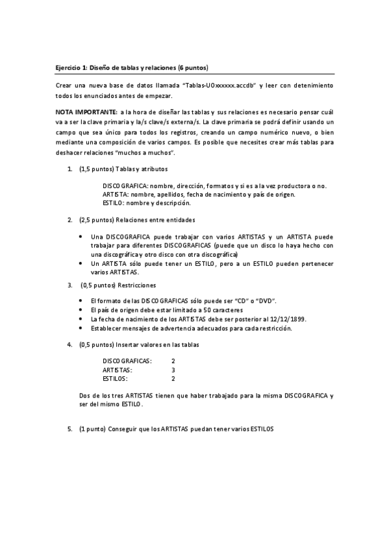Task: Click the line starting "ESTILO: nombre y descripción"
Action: [x=146, y=202]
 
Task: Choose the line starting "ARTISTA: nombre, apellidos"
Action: [x=199, y=194]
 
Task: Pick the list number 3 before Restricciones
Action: [x=70, y=285]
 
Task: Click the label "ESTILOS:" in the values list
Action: [x=116, y=378]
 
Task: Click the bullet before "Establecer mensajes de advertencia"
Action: [x=80, y=328]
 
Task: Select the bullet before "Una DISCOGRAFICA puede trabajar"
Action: [x=80, y=237]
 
